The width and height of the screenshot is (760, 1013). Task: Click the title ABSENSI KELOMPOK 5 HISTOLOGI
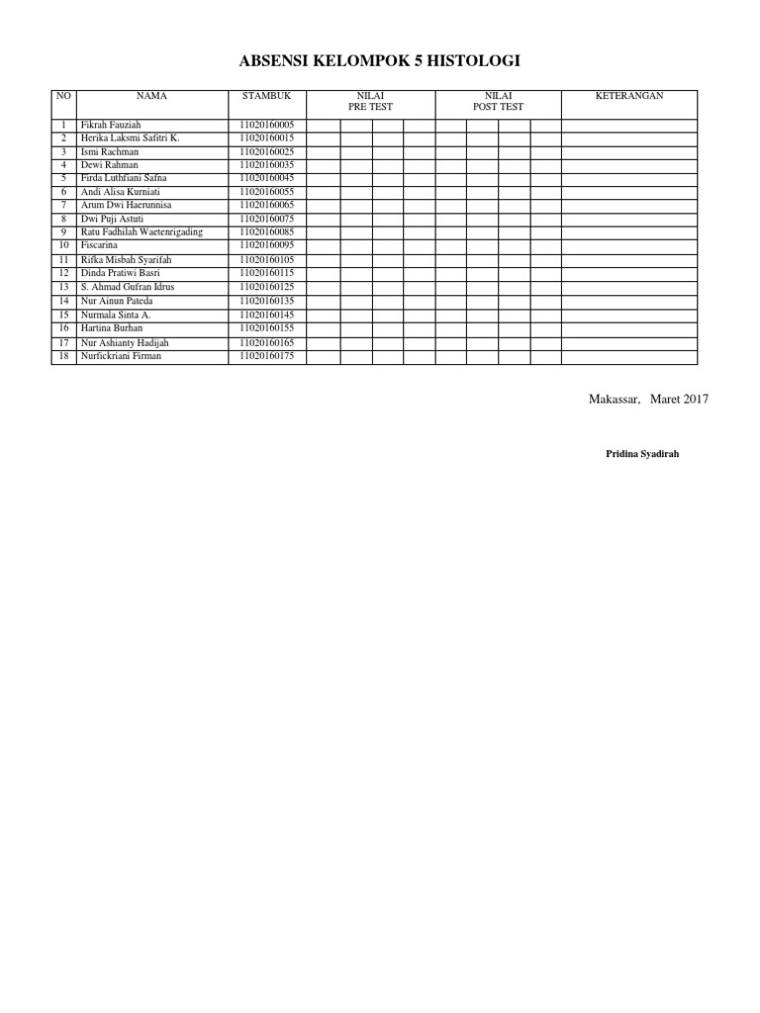(x=379, y=62)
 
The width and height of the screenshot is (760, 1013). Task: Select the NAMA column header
(x=151, y=96)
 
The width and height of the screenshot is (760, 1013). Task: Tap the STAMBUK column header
(x=266, y=96)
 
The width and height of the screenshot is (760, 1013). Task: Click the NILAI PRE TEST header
(x=371, y=101)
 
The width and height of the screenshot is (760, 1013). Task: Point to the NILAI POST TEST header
(x=498, y=101)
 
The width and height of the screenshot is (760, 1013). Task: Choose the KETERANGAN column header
(x=628, y=96)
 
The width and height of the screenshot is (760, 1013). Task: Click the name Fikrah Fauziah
(x=111, y=125)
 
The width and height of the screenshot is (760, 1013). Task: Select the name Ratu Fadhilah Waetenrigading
(x=142, y=231)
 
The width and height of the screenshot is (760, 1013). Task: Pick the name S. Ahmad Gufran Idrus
(x=127, y=286)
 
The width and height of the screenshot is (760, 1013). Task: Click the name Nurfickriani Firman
(x=121, y=355)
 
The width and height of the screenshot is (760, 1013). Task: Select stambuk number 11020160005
(x=266, y=125)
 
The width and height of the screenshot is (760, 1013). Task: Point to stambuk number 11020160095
(x=266, y=244)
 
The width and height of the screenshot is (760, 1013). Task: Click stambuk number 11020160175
(x=266, y=355)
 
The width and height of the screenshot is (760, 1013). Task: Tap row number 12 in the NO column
(x=63, y=272)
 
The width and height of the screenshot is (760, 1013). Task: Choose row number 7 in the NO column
(x=63, y=204)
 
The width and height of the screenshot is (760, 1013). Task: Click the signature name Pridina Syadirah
(x=642, y=453)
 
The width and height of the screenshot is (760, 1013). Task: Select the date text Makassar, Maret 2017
(x=648, y=399)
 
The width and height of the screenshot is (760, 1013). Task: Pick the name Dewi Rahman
(x=109, y=164)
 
